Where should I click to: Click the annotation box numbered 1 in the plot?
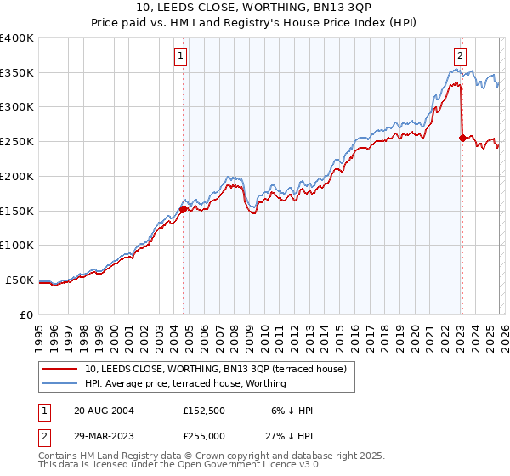pyautogui.click(x=183, y=57)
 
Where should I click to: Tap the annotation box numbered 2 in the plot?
pyautogui.click(x=460, y=57)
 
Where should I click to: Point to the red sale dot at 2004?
pyautogui.click(x=183, y=208)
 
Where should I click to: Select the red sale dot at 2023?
pyautogui.click(x=462, y=138)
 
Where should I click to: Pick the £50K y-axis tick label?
pyautogui.click(x=20, y=280)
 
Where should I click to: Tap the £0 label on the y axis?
pyautogui.click(x=25, y=314)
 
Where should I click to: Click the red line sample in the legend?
pyautogui.click(x=60, y=370)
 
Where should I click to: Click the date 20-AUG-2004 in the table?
pyautogui.click(x=104, y=410)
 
